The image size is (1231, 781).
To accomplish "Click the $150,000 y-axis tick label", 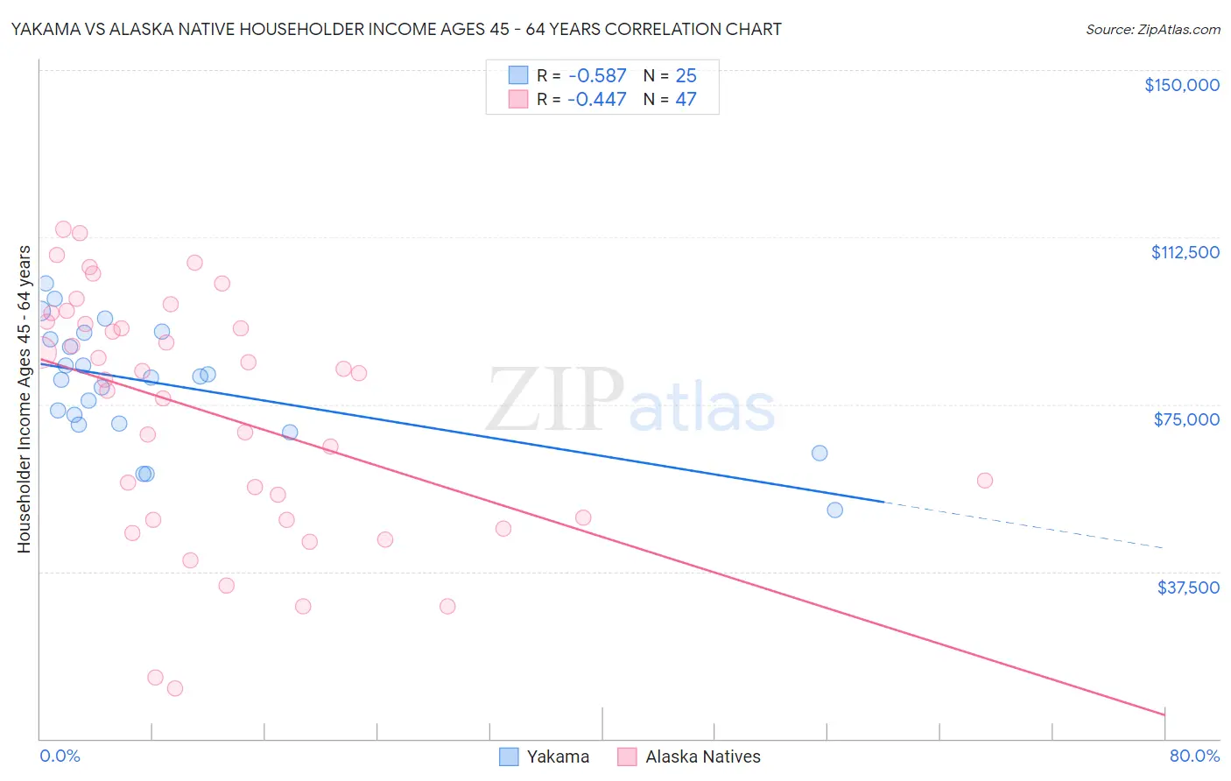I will tap(1182, 85).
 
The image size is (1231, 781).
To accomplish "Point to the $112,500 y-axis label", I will tap(1185, 252).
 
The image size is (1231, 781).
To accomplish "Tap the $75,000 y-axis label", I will tap(1186, 419).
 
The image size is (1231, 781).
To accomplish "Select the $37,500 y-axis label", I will tap(1188, 588).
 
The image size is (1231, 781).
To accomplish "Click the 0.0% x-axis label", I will tap(60, 756).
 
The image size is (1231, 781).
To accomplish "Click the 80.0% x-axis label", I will tap(1194, 756).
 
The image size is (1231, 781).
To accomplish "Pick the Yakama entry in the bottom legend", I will tap(544, 756).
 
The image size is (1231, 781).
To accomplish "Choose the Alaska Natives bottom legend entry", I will tap(689, 756).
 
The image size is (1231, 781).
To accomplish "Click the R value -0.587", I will tap(597, 76).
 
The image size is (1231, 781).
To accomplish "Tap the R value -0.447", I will tap(597, 100).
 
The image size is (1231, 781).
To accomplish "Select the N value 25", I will tap(686, 76).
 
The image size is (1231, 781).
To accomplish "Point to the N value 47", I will tap(686, 100).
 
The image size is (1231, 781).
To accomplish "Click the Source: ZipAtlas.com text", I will tap(1152, 30).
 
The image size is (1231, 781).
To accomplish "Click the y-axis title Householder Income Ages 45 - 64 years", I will tap(24, 399).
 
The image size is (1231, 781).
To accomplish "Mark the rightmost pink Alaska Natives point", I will tap(984, 480).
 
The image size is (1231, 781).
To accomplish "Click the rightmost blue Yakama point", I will tap(834, 510).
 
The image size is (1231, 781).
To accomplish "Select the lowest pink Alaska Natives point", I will tap(175, 688).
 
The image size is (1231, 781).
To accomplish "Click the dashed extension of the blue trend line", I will tap(1024, 525).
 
